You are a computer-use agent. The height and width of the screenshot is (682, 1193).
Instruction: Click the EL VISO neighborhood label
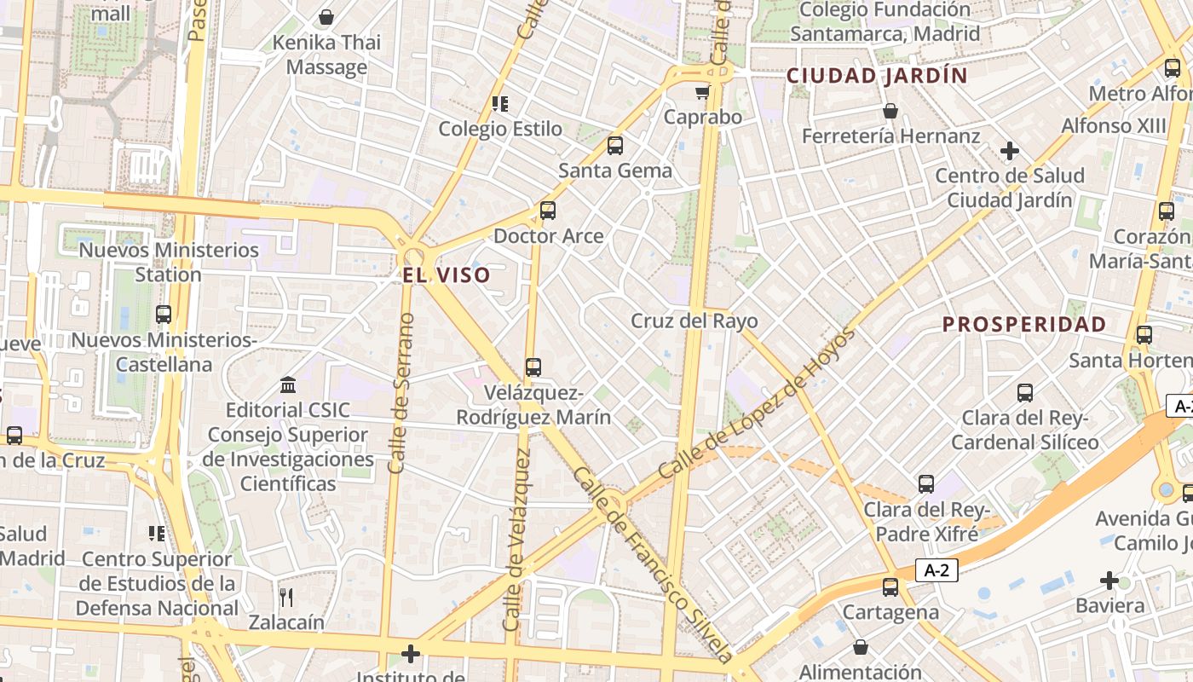(x=447, y=275)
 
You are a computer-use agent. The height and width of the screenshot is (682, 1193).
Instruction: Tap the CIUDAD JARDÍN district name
(x=877, y=75)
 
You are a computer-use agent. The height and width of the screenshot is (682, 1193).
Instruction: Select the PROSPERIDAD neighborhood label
(x=1024, y=324)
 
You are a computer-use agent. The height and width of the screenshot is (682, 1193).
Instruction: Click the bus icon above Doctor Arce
(x=548, y=210)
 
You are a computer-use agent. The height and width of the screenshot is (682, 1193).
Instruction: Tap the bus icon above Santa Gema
(x=615, y=145)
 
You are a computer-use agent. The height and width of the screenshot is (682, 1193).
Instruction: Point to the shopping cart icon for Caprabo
(x=702, y=92)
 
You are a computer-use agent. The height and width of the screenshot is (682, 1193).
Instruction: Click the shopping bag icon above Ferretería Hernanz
(x=890, y=111)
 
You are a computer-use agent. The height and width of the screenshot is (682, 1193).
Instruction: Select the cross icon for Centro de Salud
(x=1010, y=152)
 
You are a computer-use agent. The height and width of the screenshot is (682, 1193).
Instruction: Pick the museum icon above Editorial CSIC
(x=288, y=385)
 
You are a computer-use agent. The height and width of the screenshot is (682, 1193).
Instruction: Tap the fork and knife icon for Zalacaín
(x=286, y=597)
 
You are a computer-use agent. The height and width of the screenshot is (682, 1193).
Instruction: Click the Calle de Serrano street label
(x=401, y=393)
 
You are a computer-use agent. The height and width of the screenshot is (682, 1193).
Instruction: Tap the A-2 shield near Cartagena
(x=937, y=570)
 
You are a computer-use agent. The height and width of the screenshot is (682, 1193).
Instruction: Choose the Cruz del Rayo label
(x=694, y=321)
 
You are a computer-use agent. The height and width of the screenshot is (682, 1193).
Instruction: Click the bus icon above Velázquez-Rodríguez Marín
(x=533, y=367)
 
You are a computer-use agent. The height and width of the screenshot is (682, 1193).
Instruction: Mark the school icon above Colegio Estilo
(x=500, y=104)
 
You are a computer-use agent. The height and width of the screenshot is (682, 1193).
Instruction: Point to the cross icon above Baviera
(x=1109, y=581)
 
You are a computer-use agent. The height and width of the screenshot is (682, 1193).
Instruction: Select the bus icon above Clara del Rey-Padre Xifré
(x=926, y=484)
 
